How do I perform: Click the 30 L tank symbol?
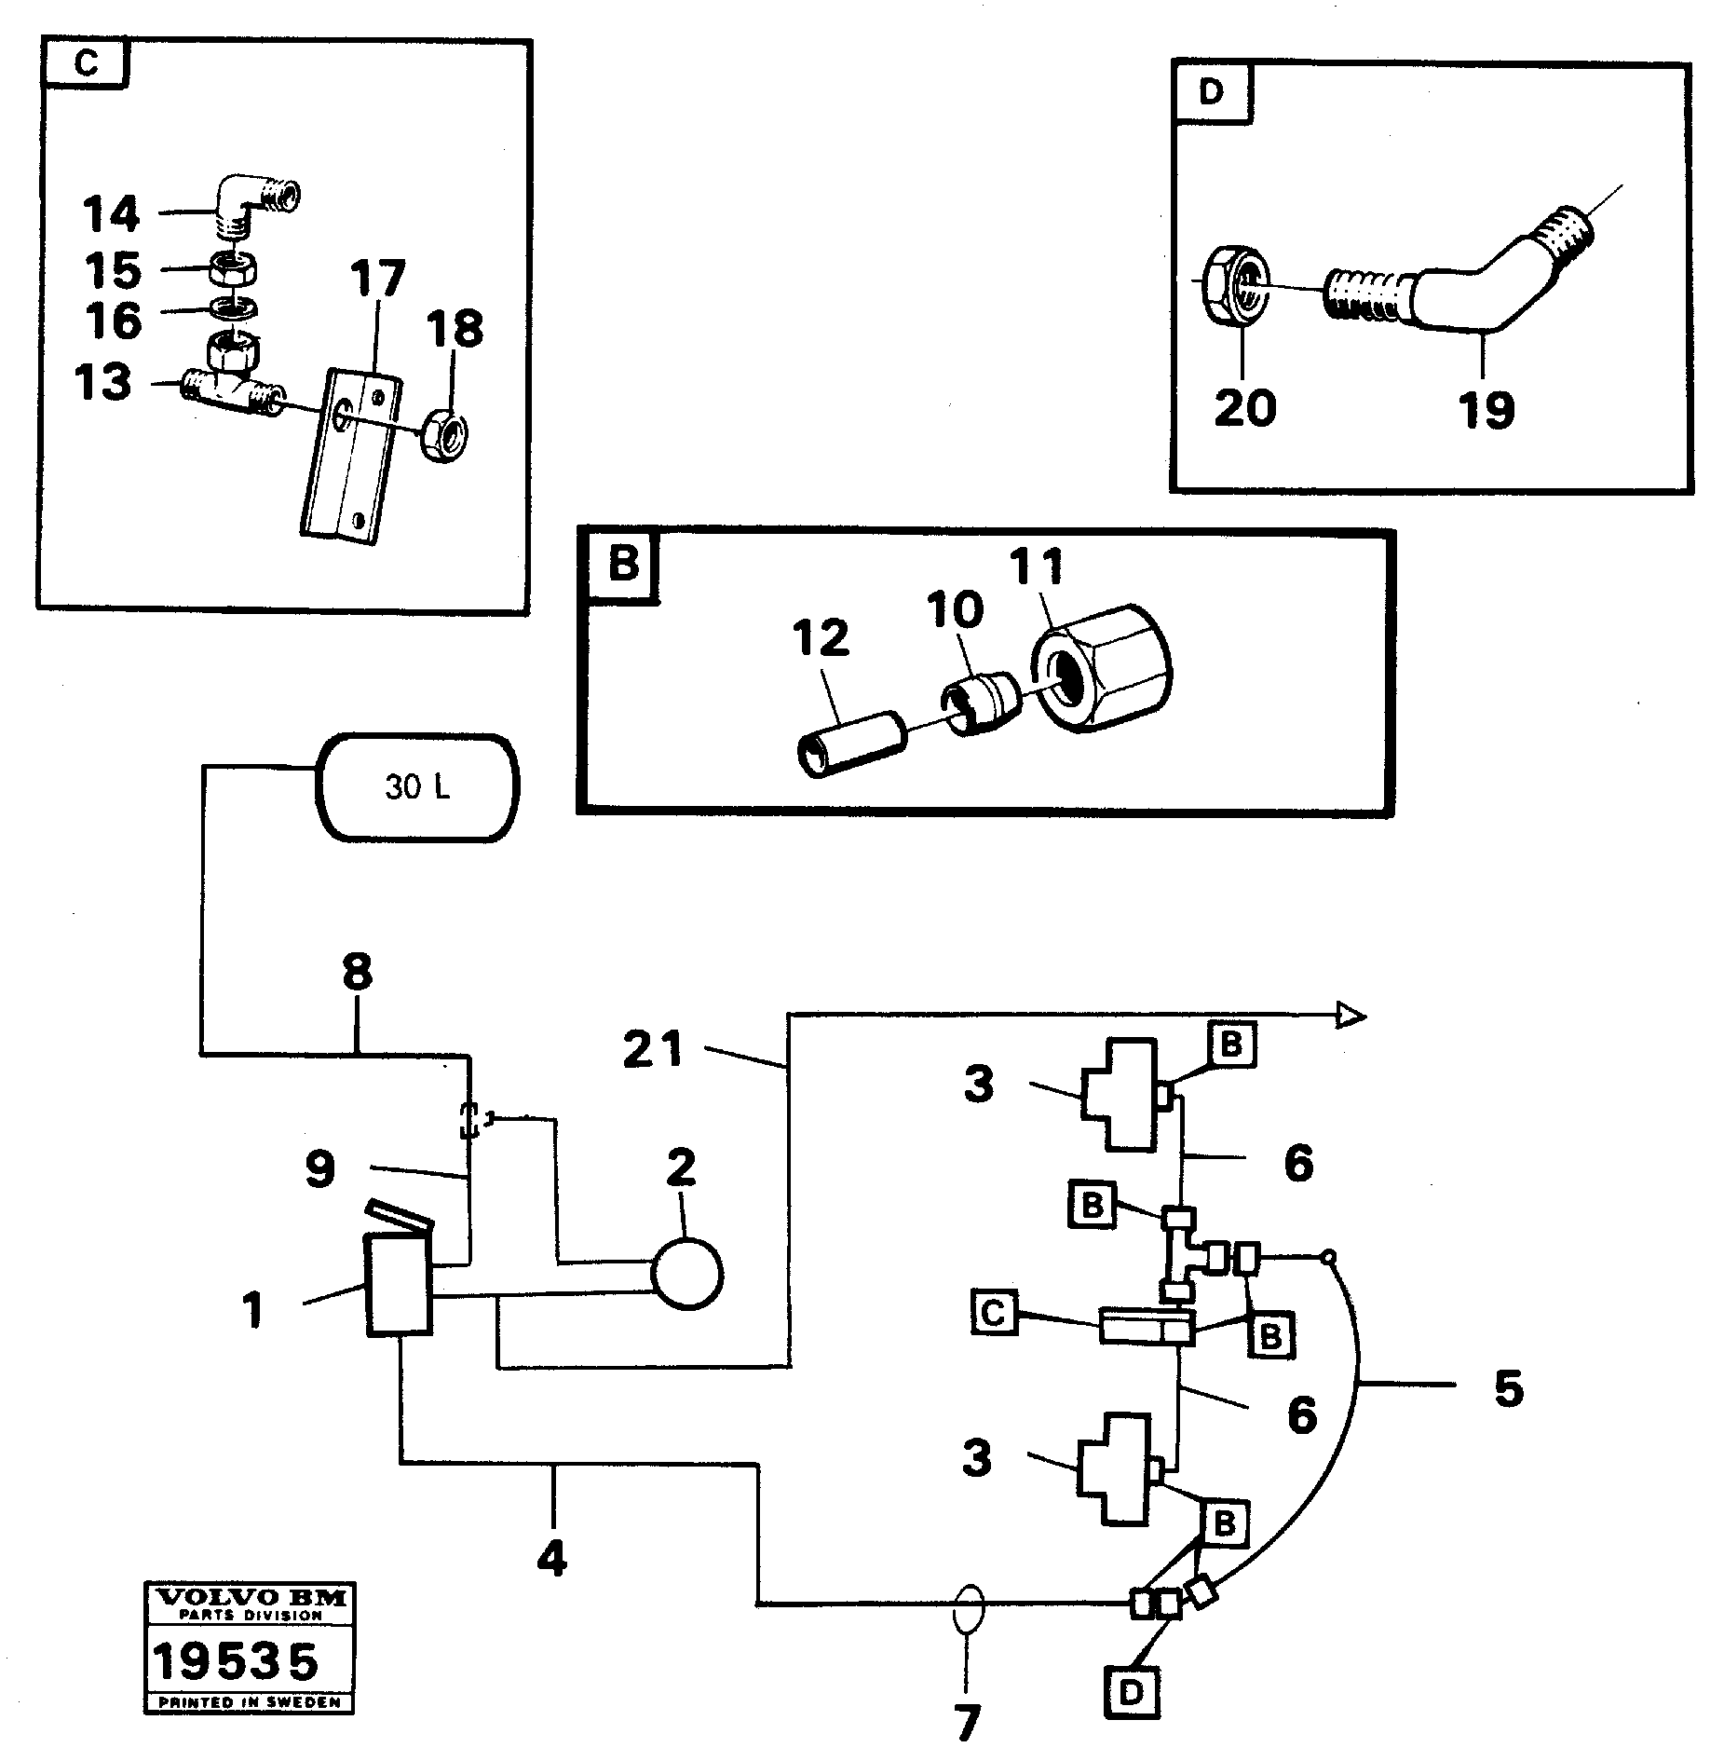click(417, 787)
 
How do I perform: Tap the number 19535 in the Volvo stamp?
click(236, 1662)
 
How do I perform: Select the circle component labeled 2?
click(686, 1273)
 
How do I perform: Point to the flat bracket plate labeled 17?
click(351, 454)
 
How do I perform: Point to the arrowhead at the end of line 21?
click(1351, 1016)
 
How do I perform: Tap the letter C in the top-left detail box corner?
click(85, 64)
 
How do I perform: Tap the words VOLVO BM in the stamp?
click(250, 1598)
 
